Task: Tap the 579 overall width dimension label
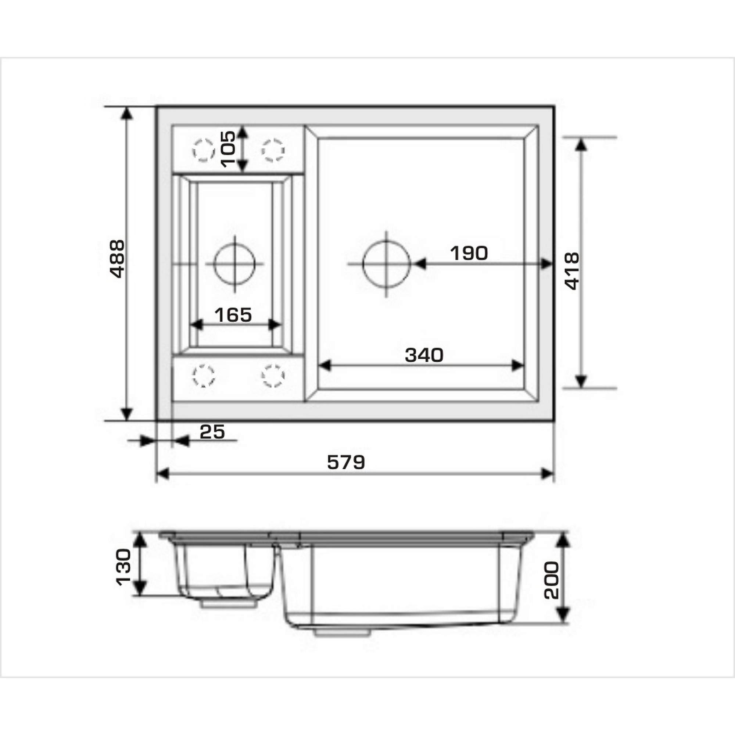[x=346, y=462]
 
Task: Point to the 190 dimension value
[x=469, y=253]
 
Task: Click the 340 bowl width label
[x=424, y=355]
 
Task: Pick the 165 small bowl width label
[x=233, y=315]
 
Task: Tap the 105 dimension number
[x=228, y=149]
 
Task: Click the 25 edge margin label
[x=212, y=432]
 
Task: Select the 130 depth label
[x=122, y=567]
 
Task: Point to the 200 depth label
[x=551, y=581]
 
